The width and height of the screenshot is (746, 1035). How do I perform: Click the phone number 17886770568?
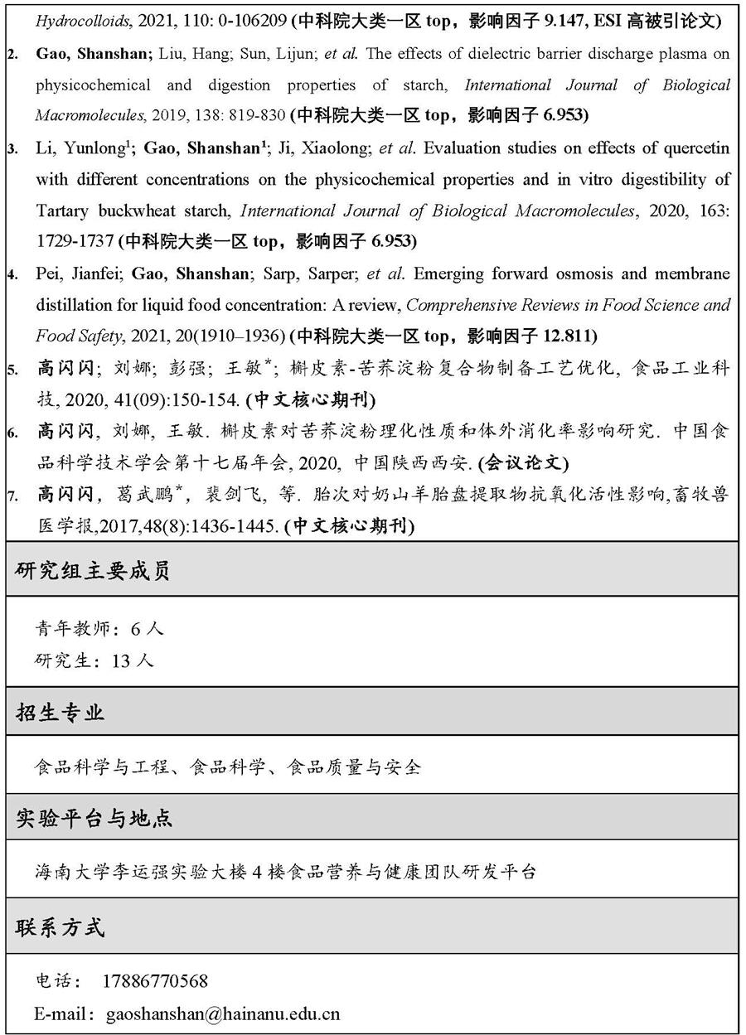pos(155,981)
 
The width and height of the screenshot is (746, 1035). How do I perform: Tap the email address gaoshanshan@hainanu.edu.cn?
pos(223,1013)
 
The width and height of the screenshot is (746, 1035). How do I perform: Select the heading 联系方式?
pos(61,926)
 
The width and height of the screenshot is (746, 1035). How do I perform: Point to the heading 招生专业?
pos(61,712)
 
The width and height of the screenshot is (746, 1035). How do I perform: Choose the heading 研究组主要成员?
pos(93,571)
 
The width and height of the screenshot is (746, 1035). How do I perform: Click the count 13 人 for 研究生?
pos(132,660)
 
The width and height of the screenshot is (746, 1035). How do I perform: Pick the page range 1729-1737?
pos(74,242)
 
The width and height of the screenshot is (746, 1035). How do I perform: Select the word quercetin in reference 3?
pos(695,149)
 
